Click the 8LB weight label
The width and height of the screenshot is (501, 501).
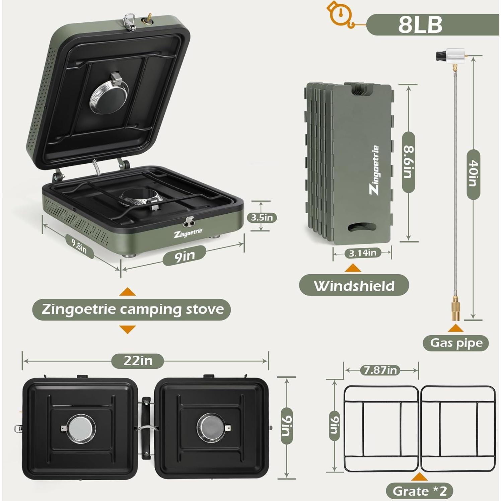coord(420,24)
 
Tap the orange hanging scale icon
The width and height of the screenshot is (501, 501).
coord(340,14)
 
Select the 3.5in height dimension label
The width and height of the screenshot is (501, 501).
coord(262,217)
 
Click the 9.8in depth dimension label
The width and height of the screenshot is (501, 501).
coord(79,247)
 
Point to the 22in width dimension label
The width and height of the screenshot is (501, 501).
coord(138,361)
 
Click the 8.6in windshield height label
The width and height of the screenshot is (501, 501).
coord(409,162)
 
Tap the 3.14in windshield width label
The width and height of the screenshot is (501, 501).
coord(363,253)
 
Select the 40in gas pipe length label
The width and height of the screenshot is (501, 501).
coord(473,174)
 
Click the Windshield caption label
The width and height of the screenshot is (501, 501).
coord(354,285)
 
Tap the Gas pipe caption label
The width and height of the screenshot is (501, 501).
coord(456,343)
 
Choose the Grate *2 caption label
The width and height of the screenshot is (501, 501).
coord(420,491)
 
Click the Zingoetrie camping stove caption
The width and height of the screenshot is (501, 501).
coord(132,309)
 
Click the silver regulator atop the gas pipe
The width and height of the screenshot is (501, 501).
coord(450,55)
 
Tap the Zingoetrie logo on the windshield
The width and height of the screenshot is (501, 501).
coord(375,170)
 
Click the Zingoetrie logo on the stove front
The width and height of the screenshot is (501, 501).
coord(188,232)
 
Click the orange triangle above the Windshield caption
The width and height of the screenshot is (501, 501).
coord(353,268)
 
